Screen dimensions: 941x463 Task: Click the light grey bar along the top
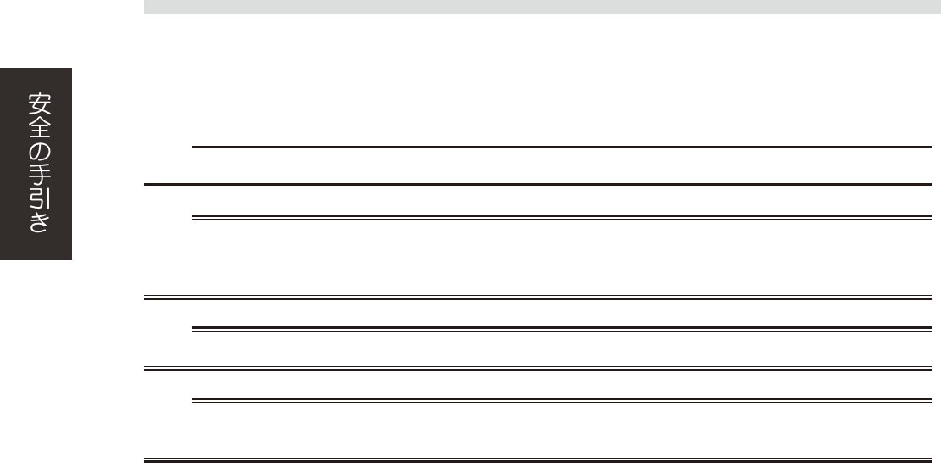tap(542, 7)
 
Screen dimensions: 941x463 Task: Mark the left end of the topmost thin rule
tap(195, 148)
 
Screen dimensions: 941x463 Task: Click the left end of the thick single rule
tap(146, 184)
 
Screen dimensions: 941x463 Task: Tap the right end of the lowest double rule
tap(929, 461)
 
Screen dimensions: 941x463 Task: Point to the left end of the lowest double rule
tap(146, 461)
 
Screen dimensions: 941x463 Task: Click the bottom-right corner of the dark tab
tap(71, 259)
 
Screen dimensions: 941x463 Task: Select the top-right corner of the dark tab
tap(71, 69)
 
